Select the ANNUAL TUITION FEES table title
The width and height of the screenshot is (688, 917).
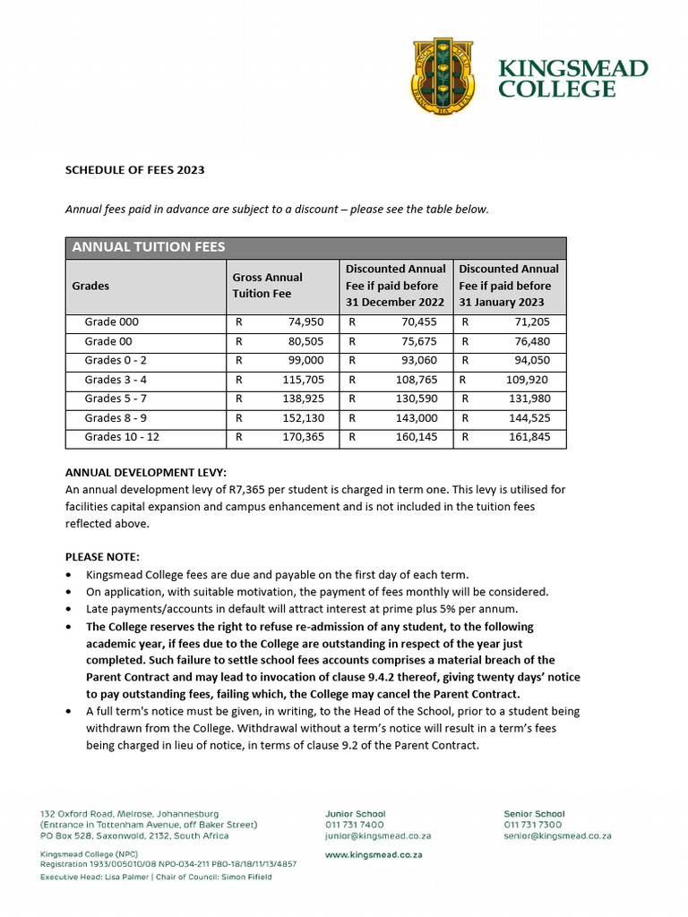tap(148, 247)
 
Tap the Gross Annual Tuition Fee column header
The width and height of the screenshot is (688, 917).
tap(267, 286)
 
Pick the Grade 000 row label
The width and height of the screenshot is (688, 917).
tap(112, 322)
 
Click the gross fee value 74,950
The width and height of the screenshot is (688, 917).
tap(305, 322)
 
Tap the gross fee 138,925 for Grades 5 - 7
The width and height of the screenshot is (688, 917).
tap(303, 399)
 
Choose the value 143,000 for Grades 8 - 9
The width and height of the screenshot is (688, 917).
tap(417, 418)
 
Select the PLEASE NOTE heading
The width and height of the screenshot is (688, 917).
tap(102, 557)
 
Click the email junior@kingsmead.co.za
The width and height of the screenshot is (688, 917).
tap(378, 836)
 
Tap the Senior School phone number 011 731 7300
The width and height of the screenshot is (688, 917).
tap(533, 825)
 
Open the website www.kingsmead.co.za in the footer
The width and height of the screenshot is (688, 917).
tap(374, 855)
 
